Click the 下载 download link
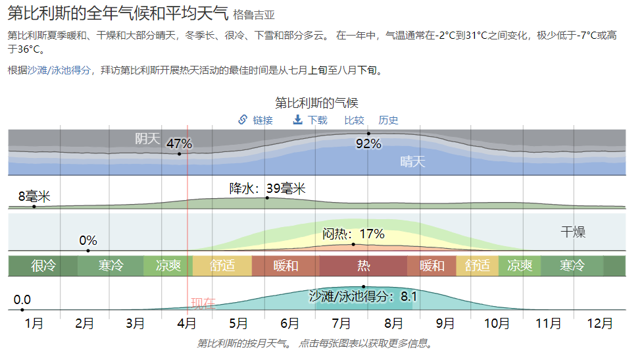tap(310, 120)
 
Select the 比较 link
tap(354, 120)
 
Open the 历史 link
tap(388, 120)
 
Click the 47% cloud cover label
tap(179, 143)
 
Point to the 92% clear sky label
tap(368, 143)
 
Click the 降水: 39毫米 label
tap(267, 188)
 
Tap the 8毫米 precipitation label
tap(34, 196)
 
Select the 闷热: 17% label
tap(353, 234)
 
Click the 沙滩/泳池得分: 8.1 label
tap(363, 297)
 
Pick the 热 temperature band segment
tap(363, 266)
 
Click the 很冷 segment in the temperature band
tap(43, 266)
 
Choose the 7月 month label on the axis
tap(341, 323)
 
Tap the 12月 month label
tap(599, 323)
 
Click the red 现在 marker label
tap(203, 303)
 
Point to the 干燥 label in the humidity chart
tap(572, 232)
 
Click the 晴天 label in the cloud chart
tap(412, 161)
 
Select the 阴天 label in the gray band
tap(148, 138)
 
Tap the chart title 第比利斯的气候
tap(316, 103)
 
